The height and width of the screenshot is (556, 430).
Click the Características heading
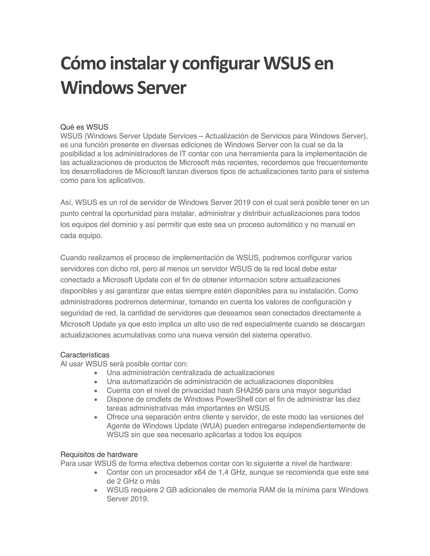pyautogui.click(x=85, y=355)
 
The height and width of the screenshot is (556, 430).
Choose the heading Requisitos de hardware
pyautogui.click(x=99, y=454)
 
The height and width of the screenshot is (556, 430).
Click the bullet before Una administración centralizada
pyautogui.click(x=96, y=373)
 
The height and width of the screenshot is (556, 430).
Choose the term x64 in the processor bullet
pyautogui.click(x=200, y=472)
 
